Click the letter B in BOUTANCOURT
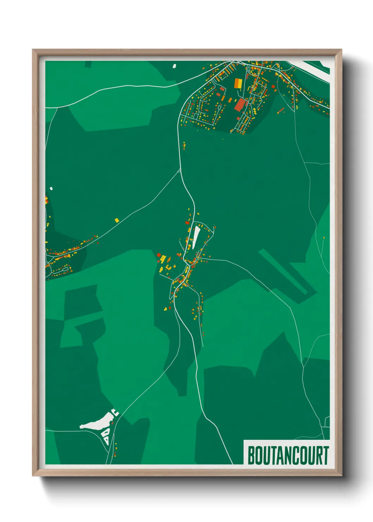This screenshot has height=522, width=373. pyautogui.click(x=252, y=455)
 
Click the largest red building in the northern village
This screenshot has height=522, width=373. pyautogui.click(x=240, y=104)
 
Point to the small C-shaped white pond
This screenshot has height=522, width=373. pyautogui.click(x=115, y=412)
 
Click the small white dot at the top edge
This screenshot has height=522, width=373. pyautogui.click(x=174, y=66)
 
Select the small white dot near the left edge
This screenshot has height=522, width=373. pyautogui.click(x=51, y=189)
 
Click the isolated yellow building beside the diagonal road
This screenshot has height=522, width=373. pyautogui.click(x=117, y=220)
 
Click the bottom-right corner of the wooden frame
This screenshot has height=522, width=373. pyautogui.click(x=341, y=475)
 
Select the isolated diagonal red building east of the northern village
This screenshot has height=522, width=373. pyautogui.click(x=281, y=111)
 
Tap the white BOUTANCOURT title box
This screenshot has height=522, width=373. pyautogui.click(x=286, y=452)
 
